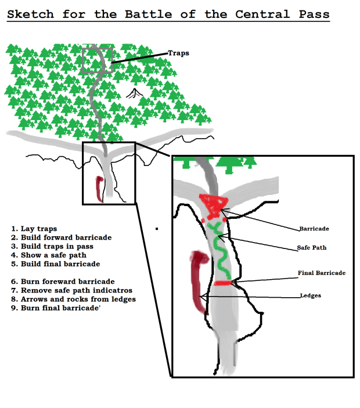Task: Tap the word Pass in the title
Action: click(311, 14)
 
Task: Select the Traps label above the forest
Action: click(178, 53)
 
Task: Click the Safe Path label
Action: click(311, 248)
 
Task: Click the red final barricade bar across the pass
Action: click(224, 283)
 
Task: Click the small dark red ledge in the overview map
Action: click(99, 189)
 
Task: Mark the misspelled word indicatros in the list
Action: click(110, 290)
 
